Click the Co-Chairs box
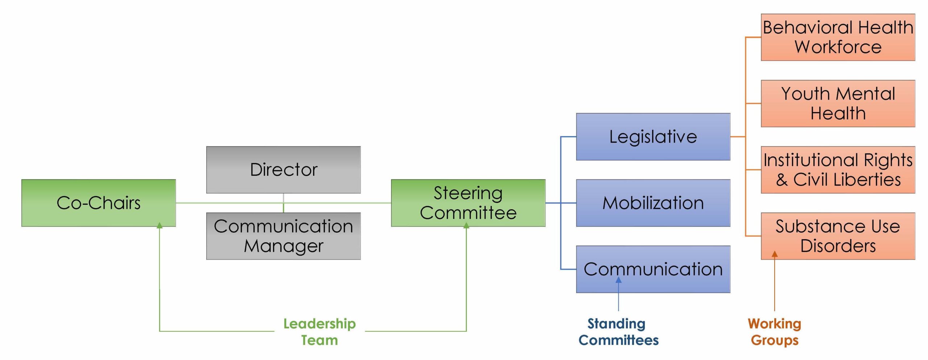click(98, 203)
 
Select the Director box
click(283, 170)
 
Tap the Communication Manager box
click(283, 236)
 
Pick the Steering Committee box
click(468, 203)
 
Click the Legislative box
click(653, 137)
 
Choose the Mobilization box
click(653, 203)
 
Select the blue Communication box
click(653, 269)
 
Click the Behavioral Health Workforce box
click(838, 37)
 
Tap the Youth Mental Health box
click(838, 103)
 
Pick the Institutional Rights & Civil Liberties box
click(838, 170)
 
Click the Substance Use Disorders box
click(838, 236)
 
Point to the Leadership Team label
click(319, 332)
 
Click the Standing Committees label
click(618, 332)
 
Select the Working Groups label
click(774, 332)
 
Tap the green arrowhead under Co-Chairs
click(159, 225)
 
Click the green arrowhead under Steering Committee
click(466, 225)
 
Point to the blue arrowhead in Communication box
click(618, 280)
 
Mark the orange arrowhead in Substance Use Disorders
click(775, 254)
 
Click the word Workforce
click(838, 47)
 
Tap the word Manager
click(283, 246)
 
